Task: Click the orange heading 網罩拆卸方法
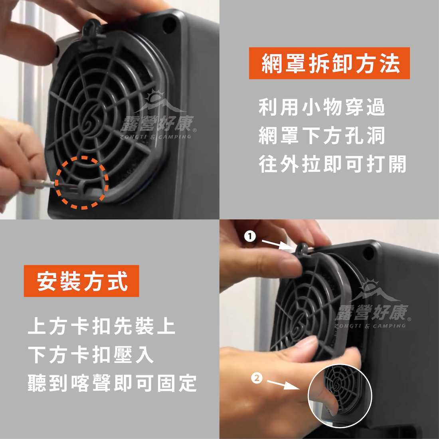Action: (x=329, y=63)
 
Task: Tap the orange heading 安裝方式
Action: (x=81, y=281)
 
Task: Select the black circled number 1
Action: (x=250, y=236)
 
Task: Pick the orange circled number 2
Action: (x=257, y=378)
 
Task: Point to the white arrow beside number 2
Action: (x=283, y=385)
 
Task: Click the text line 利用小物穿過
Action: (x=322, y=107)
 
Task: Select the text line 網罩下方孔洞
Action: (x=322, y=136)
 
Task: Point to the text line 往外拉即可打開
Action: (x=332, y=164)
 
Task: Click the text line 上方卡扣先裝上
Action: (x=102, y=326)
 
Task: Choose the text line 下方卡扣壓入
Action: (x=91, y=354)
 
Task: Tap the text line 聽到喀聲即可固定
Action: (x=112, y=383)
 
